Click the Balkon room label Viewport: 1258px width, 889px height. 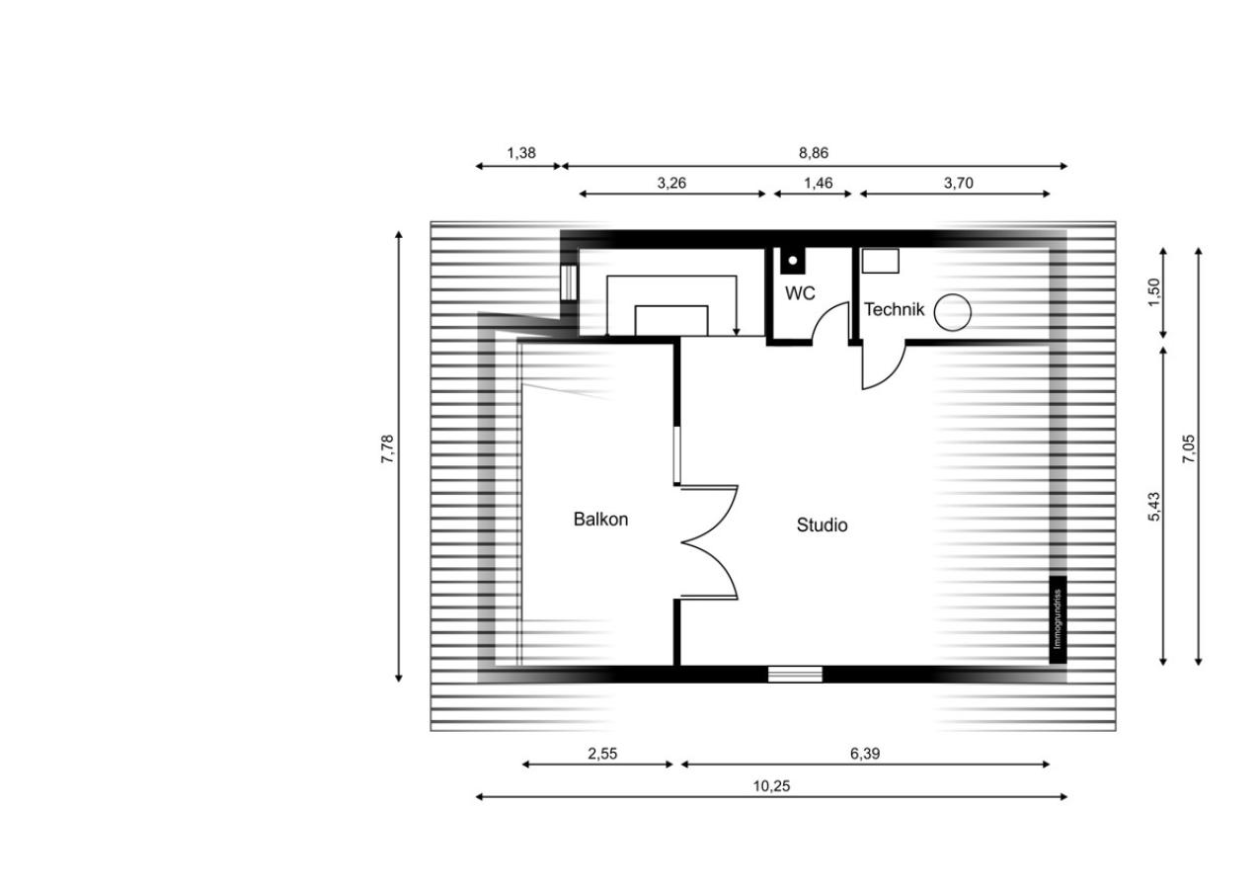(600, 519)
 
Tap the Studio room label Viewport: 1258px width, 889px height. (822, 525)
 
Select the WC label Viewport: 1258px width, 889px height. (800, 292)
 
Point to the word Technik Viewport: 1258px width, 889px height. (894, 309)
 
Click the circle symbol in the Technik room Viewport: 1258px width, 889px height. (953, 312)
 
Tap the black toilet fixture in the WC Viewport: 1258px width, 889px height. (793, 261)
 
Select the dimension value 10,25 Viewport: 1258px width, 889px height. (771, 786)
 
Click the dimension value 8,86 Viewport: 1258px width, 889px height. (814, 153)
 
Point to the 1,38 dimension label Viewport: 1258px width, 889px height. (521, 153)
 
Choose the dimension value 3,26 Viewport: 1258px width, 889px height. (671, 183)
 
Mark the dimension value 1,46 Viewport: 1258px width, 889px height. (818, 183)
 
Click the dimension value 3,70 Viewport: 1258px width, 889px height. (958, 183)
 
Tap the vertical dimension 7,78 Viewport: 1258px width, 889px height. (387, 449)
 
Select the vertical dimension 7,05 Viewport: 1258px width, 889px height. (1188, 449)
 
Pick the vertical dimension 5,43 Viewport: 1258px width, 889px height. (1153, 507)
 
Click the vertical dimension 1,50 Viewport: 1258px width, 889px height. (1153, 292)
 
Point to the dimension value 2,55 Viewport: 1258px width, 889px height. (602, 754)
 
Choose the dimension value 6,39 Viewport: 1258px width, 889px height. (865, 754)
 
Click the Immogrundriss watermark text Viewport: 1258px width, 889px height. (1059, 618)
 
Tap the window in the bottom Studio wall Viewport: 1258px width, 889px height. (795, 674)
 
